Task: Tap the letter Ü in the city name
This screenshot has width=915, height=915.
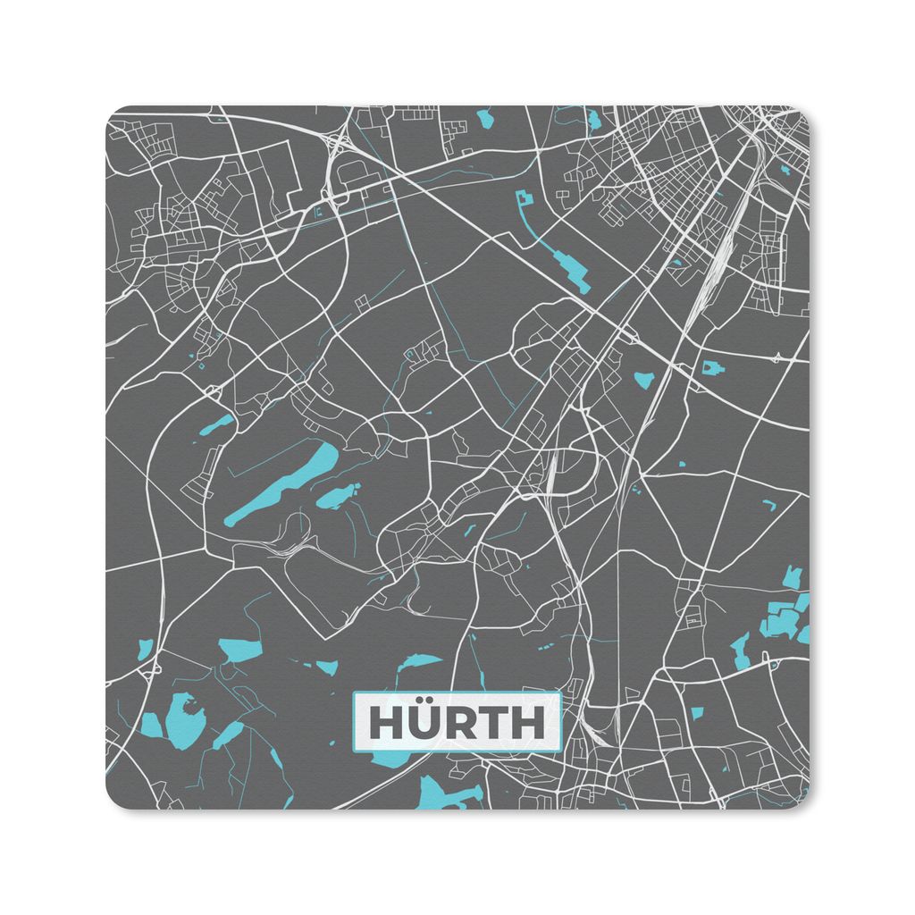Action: [x=424, y=724]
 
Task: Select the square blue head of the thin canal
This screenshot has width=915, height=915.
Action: [x=524, y=201]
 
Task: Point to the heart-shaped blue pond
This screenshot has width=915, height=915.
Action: [x=643, y=380]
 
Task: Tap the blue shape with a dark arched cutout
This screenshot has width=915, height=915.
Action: [x=712, y=367]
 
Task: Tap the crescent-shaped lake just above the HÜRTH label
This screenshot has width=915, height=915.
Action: [x=418, y=662]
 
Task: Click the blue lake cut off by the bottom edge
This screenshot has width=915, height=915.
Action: [x=447, y=793]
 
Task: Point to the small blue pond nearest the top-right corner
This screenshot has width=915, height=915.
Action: [x=785, y=168]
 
